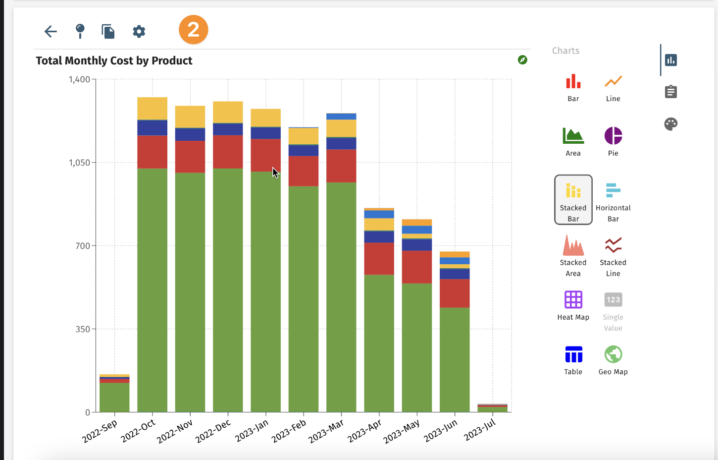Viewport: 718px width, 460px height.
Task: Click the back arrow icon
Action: [x=51, y=32]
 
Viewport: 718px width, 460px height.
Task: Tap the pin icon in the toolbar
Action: [x=80, y=31]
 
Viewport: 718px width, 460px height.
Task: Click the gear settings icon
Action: [x=139, y=32]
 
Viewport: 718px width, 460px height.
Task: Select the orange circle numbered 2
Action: [x=193, y=30]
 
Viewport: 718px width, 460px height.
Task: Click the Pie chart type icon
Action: [x=613, y=136]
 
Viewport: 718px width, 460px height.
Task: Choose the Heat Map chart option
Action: [x=573, y=300]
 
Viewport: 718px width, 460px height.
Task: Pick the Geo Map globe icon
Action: [x=613, y=354]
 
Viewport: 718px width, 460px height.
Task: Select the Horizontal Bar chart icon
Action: [x=613, y=190]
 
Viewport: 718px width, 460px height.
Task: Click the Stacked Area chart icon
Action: [x=573, y=245]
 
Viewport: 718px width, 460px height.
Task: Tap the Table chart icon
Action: [x=573, y=354]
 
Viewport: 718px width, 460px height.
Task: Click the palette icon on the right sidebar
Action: [x=670, y=124]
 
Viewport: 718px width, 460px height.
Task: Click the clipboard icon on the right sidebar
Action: [x=670, y=92]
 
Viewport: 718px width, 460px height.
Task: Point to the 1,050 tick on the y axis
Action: [x=79, y=163]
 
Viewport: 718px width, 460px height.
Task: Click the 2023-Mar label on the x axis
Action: [x=326, y=432]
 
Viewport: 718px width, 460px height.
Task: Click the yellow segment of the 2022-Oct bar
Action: [x=152, y=108]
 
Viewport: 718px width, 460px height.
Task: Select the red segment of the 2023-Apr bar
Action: [x=379, y=258]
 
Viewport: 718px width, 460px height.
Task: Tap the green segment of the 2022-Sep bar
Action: [x=114, y=397]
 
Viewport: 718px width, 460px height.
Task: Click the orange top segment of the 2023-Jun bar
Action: [x=455, y=254]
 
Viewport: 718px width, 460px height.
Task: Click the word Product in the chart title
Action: [x=172, y=61]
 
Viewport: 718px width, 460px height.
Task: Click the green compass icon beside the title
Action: [x=522, y=60]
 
